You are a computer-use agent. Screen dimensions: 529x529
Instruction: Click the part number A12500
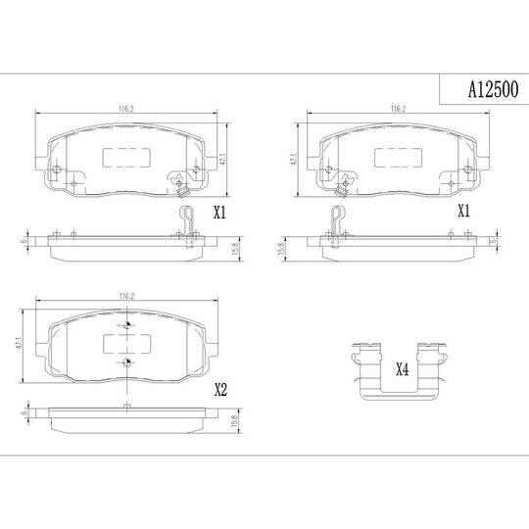[x=493, y=90]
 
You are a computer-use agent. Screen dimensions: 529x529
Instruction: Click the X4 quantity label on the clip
[x=403, y=369]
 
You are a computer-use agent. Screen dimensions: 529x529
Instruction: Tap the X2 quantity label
[x=221, y=390]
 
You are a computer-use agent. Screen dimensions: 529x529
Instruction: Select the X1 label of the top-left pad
[x=219, y=213]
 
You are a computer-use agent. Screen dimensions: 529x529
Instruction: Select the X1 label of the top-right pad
[x=463, y=212]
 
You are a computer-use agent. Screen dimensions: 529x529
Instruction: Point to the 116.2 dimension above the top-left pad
[x=126, y=109]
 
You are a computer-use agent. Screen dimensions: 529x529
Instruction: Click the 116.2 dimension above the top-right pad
[x=398, y=109]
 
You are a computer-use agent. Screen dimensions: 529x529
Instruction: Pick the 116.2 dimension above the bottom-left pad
[x=126, y=296]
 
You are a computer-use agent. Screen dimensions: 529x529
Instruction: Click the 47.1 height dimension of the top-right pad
[x=294, y=160]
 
